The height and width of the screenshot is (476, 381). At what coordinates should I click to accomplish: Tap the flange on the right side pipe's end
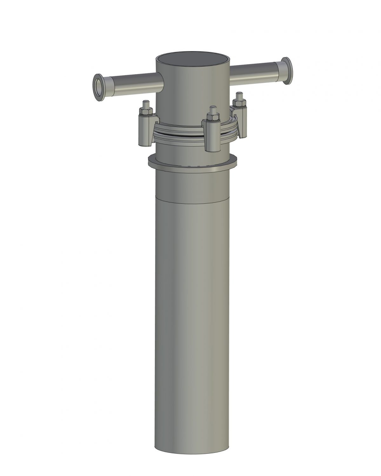tap(287, 71)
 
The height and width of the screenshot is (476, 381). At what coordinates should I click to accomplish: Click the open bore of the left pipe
tap(99, 86)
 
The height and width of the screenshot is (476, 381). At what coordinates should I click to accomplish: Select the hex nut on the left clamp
tap(146, 111)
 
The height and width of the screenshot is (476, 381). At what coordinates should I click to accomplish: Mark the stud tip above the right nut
tap(240, 95)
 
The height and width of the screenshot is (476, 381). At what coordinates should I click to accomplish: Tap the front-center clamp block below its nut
tap(212, 136)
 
